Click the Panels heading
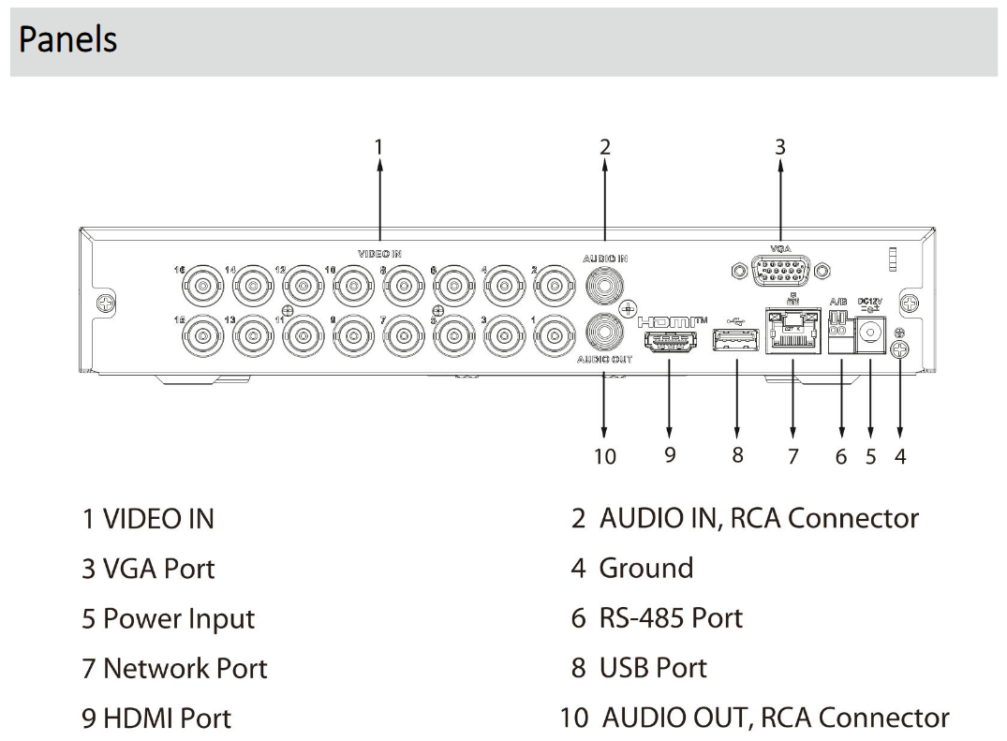(67, 40)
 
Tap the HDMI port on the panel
(671, 343)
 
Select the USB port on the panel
(737, 343)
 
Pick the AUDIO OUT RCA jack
(604, 333)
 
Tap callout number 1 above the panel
(378, 147)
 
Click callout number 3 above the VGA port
(780, 147)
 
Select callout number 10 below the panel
(605, 456)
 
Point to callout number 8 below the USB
(737, 455)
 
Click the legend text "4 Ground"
(632, 569)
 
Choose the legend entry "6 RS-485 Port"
(657, 618)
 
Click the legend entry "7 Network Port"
(174, 669)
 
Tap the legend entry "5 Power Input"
(168, 619)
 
